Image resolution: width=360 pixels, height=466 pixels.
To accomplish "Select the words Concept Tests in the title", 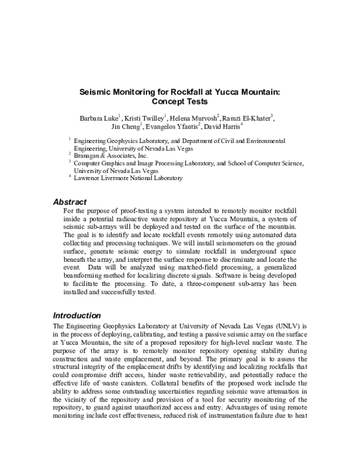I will tap(180, 103).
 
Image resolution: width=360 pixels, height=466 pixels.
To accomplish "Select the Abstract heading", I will tap(70, 202).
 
